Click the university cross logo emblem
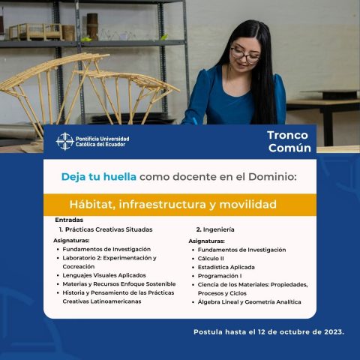pyautogui.click(x=65, y=141)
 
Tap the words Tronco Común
pyautogui.click(x=289, y=142)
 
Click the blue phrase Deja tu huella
pyautogui.click(x=99, y=177)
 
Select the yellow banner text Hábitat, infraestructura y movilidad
pyautogui.click(x=173, y=204)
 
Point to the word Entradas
pyautogui.click(x=69, y=220)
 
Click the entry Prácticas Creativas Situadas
pyautogui.click(x=109, y=229)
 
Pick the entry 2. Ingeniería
pyautogui.click(x=215, y=229)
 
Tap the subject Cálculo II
pyautogui.click(x=211, y=259)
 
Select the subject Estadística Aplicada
pyautogui.click(x=226, y=267)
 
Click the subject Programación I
pyautogui.click(x=220, y=276)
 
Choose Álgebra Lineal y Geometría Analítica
pyautogui.click(x=249, y=302)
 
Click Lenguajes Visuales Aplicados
pyautogui.click(x=104, y=275)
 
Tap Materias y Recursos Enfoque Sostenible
pyautogui.click(x=119, y=284)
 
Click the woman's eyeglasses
pyautogui.click(x=244, y=55)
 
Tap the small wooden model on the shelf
pyautogui.click(x=36, y=31)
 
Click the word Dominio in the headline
pyautogui.click(x=272, y=177)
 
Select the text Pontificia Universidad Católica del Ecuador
pyautogui.click(x=103, y=142)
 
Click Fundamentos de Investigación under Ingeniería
pyautogui.click(x=241, y=250)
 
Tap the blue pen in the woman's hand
pyautogui.click(x=195, y=121)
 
